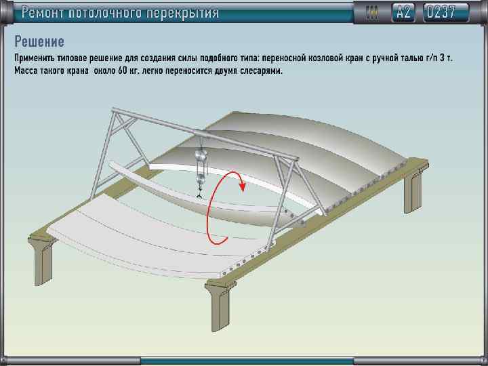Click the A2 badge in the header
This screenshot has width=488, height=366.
pos(404,12)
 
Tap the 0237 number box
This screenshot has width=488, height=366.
pos(445,12)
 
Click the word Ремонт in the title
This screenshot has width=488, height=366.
pos(46,12)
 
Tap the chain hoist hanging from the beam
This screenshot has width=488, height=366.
pos(201,163)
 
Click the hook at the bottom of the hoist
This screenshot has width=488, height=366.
pos(200,194)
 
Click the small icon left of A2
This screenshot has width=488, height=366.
pos(371,12)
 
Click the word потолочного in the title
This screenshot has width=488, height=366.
pos(114,12)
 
